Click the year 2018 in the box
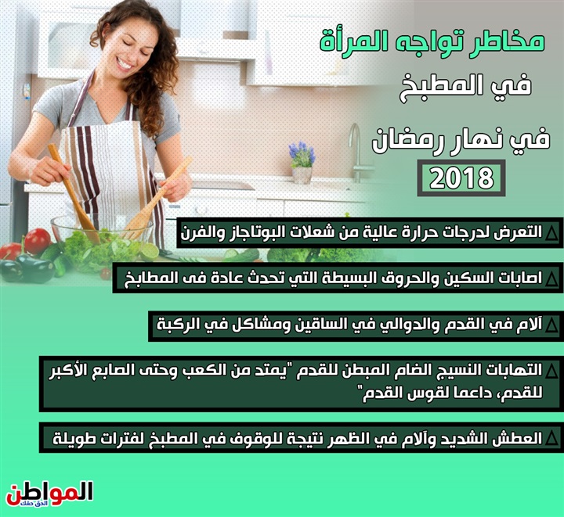(461, 178)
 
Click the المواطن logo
(49, 494)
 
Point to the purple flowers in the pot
(302, 153)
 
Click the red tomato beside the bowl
(37, 240)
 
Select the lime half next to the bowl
(150, 251)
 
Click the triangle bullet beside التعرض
(551, 233)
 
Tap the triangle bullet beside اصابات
(551, 279)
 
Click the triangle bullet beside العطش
(551, 439)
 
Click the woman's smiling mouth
(124, 64)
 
